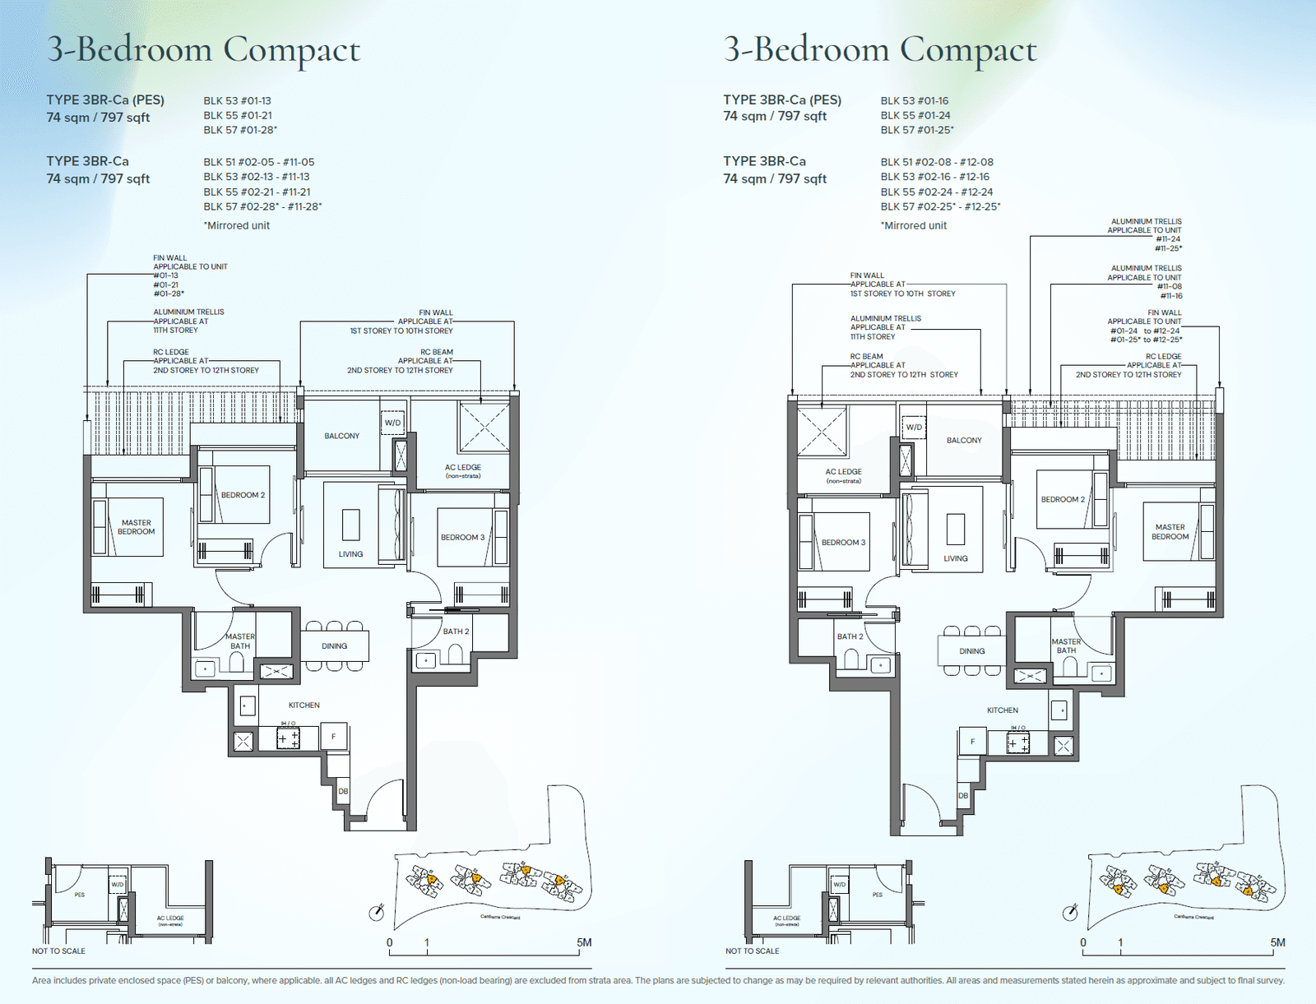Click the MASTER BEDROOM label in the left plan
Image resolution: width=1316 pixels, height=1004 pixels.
tap(137, 527)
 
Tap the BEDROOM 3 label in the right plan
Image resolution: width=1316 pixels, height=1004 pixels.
tap(843, 543)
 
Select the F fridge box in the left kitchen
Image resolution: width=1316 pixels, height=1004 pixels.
tap(334, 737)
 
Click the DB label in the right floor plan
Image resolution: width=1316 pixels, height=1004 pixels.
tap(963, 796)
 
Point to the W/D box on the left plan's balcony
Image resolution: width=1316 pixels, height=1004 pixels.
tap(393, 423)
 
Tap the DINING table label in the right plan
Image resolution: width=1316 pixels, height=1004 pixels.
tap(971, 651)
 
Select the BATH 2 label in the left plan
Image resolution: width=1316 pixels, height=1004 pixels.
tap(456, 632)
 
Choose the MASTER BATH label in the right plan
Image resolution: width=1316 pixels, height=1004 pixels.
tap(1066, 646)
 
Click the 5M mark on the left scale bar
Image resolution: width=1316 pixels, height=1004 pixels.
tap(583, 943)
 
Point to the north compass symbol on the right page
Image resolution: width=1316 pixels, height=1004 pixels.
tap(1070, 913)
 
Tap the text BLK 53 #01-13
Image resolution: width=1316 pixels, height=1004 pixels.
tap(237, 100)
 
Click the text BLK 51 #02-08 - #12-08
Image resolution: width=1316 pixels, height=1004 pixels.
tap(937, 162)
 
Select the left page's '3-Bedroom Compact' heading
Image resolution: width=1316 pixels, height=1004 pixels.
tap(203, 50)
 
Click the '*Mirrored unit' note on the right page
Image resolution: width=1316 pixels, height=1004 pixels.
tap(913, 225)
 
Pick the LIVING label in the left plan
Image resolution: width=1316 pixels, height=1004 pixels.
tap(350, 554)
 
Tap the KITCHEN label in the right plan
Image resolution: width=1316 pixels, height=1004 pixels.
tap(1002, 710)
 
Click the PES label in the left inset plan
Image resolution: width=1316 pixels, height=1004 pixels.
tap(80, 895)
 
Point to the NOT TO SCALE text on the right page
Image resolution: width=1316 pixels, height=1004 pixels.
tap(752, 951)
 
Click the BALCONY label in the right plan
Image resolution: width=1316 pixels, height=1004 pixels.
tap(964, 441)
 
